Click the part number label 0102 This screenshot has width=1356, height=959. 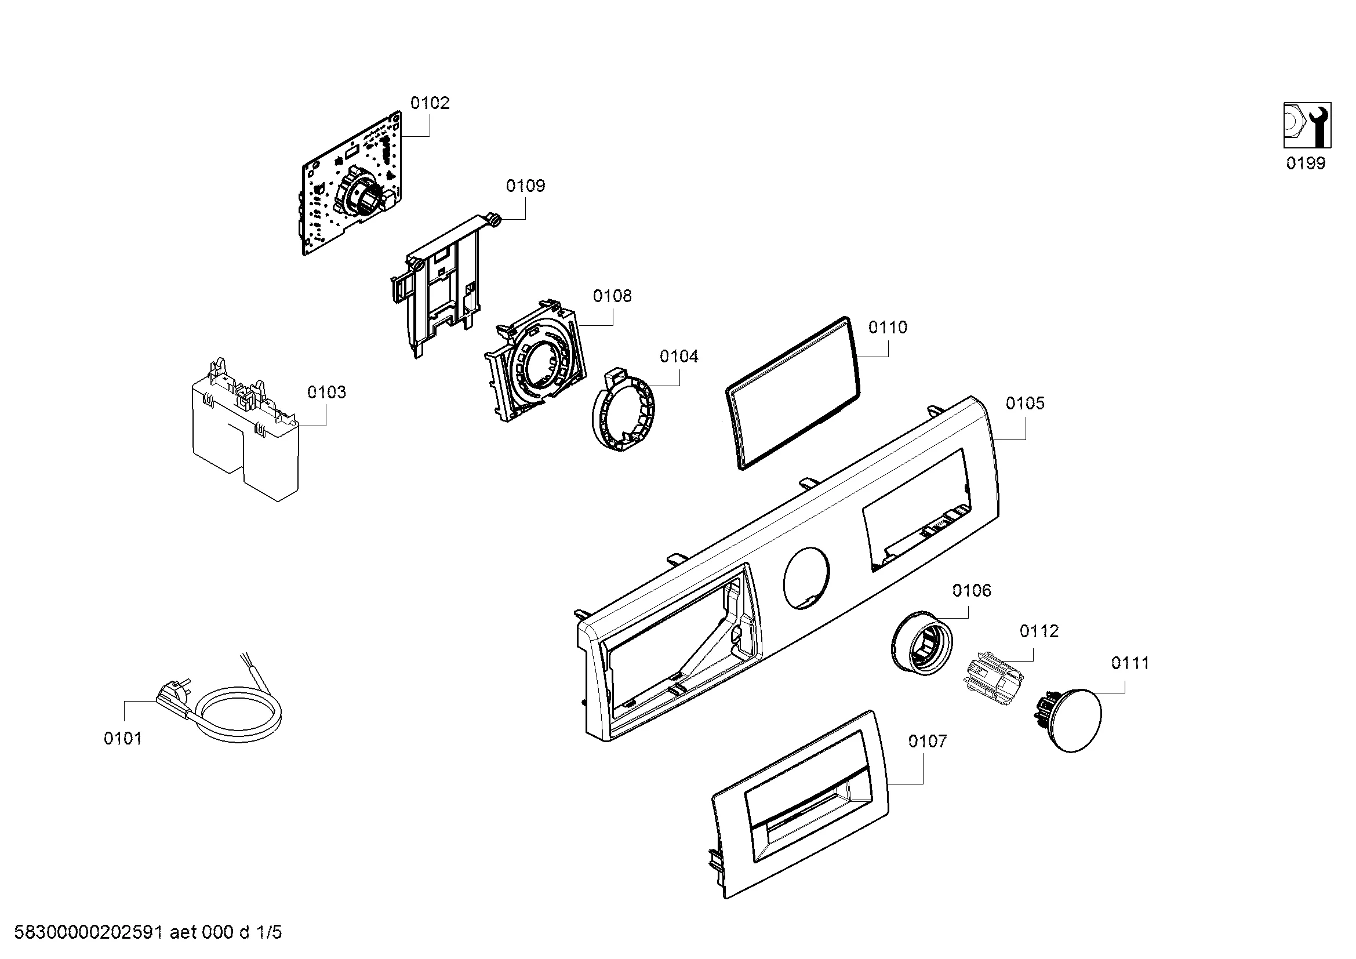(x=430, y=103)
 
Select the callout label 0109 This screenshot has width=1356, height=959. (x=525, y=186)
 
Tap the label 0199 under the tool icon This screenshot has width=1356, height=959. (x=1305, y=164)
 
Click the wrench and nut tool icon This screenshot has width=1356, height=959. (x=1306, y=126)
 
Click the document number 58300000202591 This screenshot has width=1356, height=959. (x=88, y=932)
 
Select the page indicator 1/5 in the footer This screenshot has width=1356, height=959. (x=269, y=932)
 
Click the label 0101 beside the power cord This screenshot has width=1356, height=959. (x=123, y=739)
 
